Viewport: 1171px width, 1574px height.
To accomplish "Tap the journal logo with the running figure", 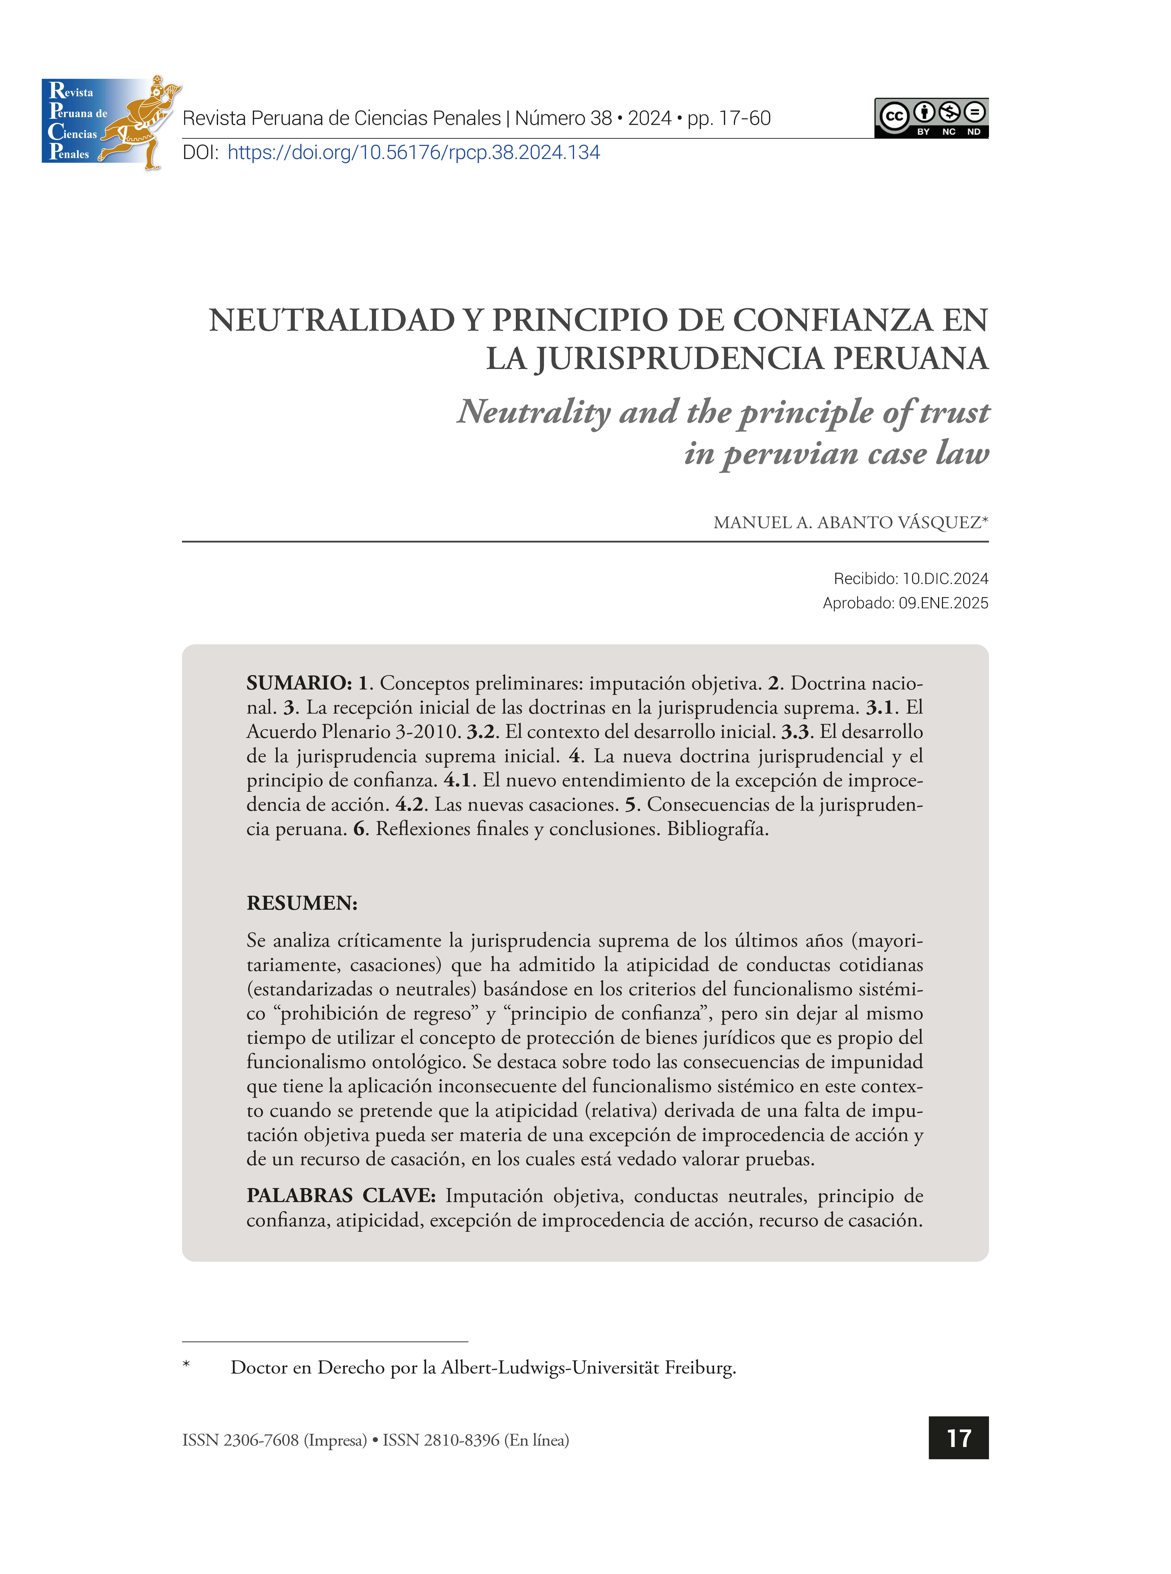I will (x=110, y=122).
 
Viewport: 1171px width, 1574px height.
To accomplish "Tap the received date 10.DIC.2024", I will (x=945, y=579).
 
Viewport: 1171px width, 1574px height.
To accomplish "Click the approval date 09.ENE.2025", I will (x=943, y=603).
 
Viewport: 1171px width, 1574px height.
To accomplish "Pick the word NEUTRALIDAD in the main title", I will (x=332, y=321).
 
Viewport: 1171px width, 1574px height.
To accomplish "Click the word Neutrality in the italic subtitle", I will (x=533, y=412).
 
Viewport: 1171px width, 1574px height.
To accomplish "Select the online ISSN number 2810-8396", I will (x=461, y=1440).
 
